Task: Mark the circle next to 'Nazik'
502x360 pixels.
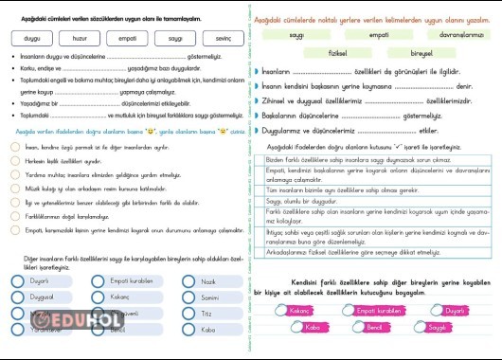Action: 189,281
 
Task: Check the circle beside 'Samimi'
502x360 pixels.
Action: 189,297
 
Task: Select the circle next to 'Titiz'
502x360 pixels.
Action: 189,314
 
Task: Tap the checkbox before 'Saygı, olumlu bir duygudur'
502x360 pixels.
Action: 260,201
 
